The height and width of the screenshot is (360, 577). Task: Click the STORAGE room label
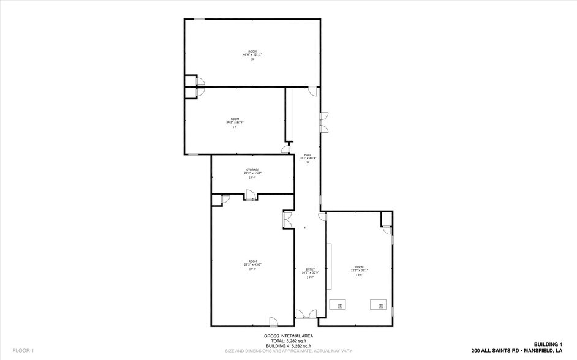pyautogui.click(x=252, y=170)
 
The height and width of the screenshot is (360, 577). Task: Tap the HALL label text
pyautogui.click(x=307, y=154)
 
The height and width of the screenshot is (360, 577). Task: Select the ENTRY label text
pyautogui.click(x=310, y=269)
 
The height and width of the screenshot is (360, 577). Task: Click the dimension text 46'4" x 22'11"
pyautogui.click(x=252, y=54)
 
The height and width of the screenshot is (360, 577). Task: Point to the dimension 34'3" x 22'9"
pyautogui.click(x=235, y=122)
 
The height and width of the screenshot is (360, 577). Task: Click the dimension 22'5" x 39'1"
pyautogui.click(x=359, y=271)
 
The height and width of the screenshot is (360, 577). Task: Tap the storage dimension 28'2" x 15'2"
pyautogui.click(x=252, y=173)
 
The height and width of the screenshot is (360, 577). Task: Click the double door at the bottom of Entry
pyautogui.click(x=306, y=315)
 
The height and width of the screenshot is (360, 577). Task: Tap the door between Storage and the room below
pyautogui.click(x=250, y=195)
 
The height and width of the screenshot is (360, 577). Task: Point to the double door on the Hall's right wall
pyautogui.click(x=323, y=121)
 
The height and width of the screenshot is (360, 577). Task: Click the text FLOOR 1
pyautogui.click(x=23, y=351)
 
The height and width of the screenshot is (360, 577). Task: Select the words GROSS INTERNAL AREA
pyautogui.click(x=288, y=336)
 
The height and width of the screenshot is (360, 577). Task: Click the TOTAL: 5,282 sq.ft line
pyautogui.click(x=288, y=341)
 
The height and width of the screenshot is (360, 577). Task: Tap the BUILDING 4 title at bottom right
pyautogui.click(x=548, y=345)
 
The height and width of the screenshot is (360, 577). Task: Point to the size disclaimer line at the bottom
pyautogui.click(x=288, y=351)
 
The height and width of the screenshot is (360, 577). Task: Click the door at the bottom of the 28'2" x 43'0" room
pyautogui.click(x=274, y=321)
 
